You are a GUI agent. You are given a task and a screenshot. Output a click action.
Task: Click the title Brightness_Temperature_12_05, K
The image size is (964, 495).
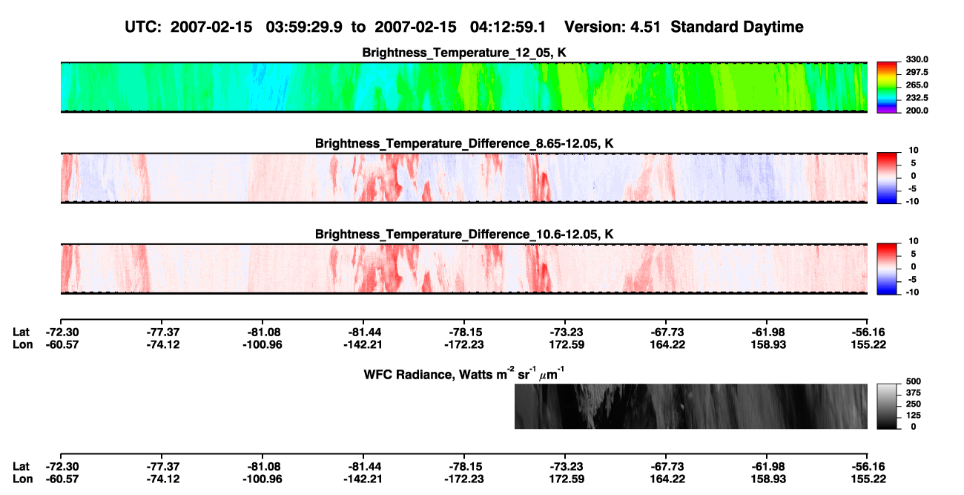(x=464, y=53)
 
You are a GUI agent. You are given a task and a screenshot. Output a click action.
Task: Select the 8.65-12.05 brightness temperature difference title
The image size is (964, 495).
(x=464, y=143)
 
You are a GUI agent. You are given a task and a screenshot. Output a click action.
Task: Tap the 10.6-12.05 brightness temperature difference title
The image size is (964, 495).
(x=464, y=235)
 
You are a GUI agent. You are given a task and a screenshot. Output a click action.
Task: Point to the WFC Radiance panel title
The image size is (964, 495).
(x=464, y=374)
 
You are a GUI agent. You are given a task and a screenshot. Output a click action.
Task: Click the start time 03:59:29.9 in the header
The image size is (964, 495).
(x=304, y=27)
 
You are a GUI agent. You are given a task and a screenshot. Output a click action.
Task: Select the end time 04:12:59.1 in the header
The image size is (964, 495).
(x=508, y=27)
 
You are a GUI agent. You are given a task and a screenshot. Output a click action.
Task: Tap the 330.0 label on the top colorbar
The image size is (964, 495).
(x=917, y=59)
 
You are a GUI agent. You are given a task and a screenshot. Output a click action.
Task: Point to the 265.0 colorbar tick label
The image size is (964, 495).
(x=917, y=85)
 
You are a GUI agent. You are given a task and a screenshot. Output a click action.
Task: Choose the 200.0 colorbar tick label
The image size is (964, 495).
(x=917, y=111)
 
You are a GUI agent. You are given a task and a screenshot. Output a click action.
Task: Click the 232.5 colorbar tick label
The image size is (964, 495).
(x=917, y=98)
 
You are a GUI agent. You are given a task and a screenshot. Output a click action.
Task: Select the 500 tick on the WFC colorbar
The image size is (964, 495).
(x=914, y=381)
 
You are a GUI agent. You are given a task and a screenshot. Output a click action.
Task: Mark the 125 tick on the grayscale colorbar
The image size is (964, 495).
(x=914, y=416)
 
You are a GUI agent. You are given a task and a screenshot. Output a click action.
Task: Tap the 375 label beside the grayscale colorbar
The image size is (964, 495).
(x=914, y=393)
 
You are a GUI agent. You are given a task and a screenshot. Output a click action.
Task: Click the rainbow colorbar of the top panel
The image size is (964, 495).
(x=887, y=88)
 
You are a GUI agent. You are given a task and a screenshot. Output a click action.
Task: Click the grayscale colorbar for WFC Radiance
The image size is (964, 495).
(x=887, y=406)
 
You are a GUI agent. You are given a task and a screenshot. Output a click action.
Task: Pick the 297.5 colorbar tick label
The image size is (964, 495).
(x=917, y=72)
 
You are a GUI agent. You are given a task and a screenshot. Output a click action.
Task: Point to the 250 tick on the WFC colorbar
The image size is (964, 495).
(x=914, y=404)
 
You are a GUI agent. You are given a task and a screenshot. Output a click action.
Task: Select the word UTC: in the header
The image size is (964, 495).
(x=143, y=27)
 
